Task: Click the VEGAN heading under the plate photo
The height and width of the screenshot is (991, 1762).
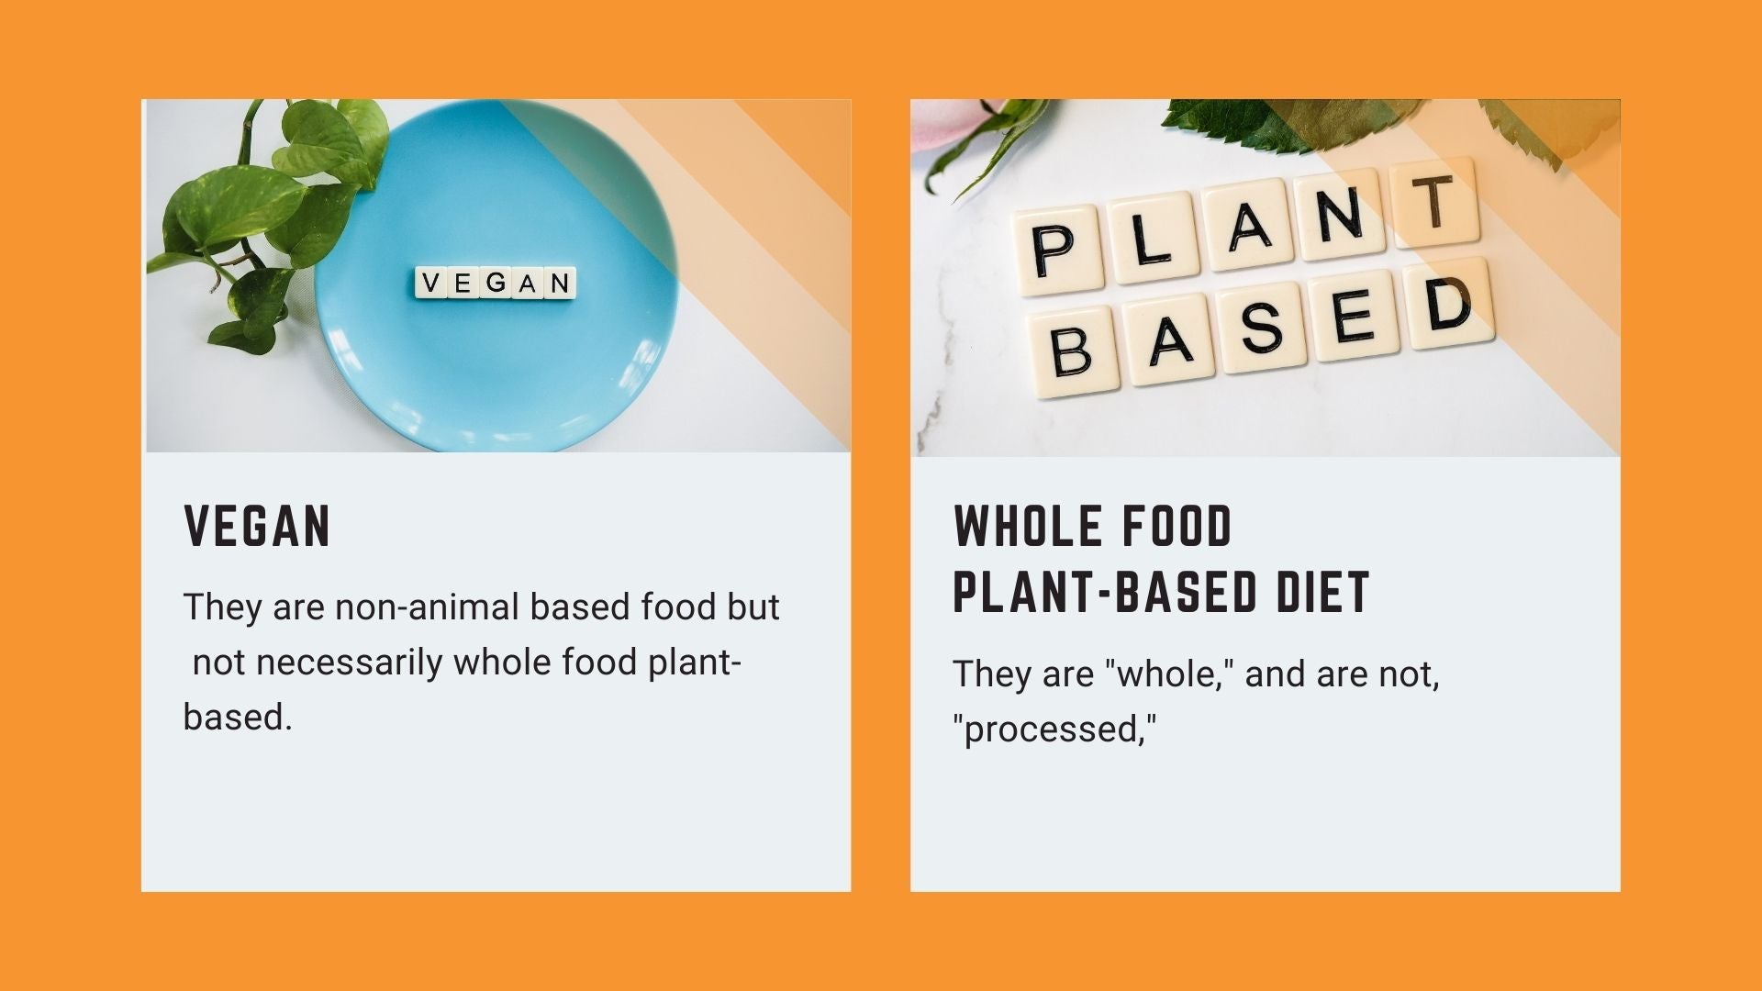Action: click(257, 526)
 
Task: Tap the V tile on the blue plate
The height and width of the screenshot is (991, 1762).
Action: click(430, 283)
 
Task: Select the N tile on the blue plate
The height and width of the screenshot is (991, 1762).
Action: click(560, 284)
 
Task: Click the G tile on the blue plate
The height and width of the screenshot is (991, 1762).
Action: click(495, 283)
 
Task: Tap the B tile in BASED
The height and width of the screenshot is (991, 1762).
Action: click(1074, 352)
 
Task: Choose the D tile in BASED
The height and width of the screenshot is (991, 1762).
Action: click(1449, 304)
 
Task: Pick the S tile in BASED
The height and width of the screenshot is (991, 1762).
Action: click(1262, 328)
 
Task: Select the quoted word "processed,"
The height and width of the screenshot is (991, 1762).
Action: click(1054, 729)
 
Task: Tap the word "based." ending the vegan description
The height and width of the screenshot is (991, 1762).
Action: click(238, 718)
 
